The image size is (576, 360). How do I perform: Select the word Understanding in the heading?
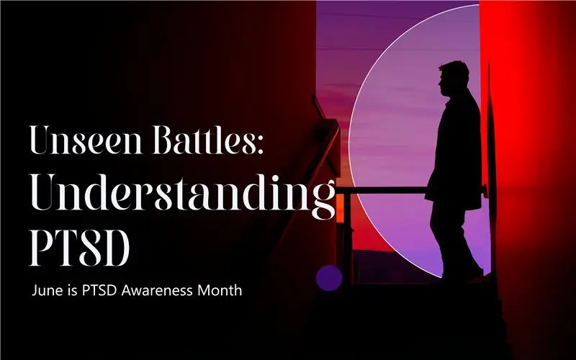click(x=183, y=194)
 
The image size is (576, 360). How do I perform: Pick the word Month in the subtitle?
click(x=220, y=290)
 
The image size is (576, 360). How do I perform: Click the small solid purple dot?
click(x=329, y=278)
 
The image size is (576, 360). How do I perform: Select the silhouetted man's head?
click(x=454, y=79)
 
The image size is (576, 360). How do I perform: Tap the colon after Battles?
click(x=260, y=145)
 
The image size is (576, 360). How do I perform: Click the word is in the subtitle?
click(x=67, y=290)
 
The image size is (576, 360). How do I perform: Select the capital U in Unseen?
click(x=42, y=140)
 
